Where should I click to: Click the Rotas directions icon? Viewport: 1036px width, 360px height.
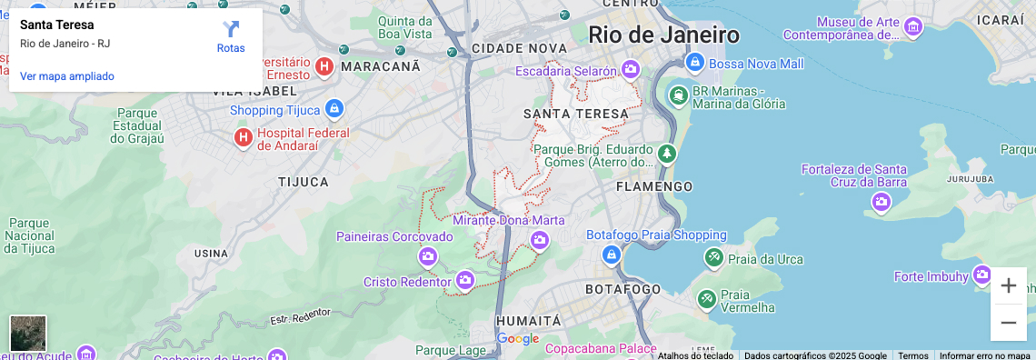pyautogui.click(x=231, y=30)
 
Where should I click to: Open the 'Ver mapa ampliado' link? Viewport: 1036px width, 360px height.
pyautogui.click(x=67, y=76)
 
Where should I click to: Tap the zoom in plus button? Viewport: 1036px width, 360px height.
pyautogui.click(x=1008, y=285)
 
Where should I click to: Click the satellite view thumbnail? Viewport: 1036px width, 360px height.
pyautogui.click(x=28, y=333)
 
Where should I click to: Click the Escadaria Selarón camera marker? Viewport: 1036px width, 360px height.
pyautogui.click(x=629, y=70)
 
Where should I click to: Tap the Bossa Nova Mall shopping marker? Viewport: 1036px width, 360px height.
pyautogui.click(x=695, y=63)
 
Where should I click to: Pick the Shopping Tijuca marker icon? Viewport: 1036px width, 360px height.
pyautogui.click(x=334, y=109)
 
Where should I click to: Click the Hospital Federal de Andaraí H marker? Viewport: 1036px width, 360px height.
pyautogui.click(x=243, y=137)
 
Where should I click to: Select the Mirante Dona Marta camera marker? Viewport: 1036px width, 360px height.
pyautogui.click(x=540, y=240)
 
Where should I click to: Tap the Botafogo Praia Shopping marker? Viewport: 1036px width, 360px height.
pyautogui.click(x=611, y=255)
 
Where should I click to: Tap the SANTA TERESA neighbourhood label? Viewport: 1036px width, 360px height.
pyautogui.click(x=576, y=114)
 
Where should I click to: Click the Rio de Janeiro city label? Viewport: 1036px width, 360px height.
pyautogui.click(x=663, y=35)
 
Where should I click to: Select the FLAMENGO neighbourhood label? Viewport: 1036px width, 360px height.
pyautogui.click(x=654, y=186)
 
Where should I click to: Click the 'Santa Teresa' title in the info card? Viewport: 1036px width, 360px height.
pyautogui.click(x=56, y=25)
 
